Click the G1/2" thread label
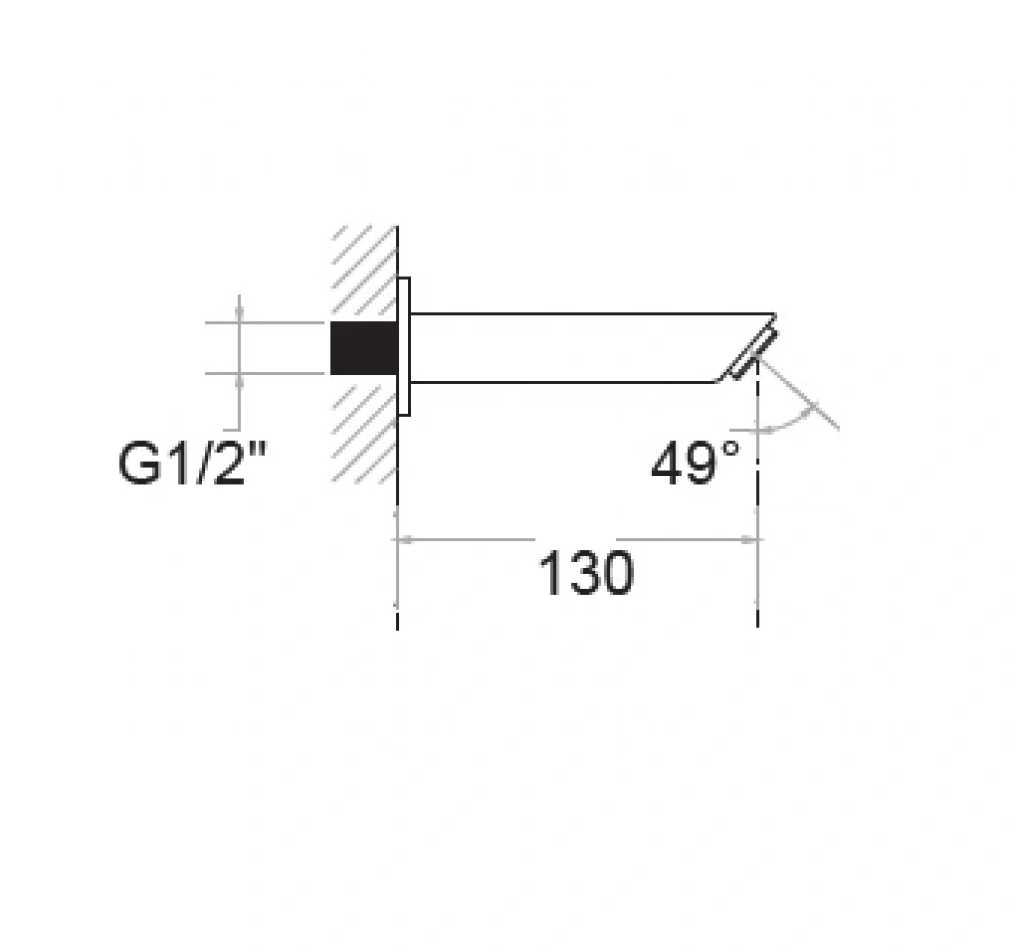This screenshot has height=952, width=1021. [x=192, y=463]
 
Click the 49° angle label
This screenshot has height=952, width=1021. [x=695, y=463]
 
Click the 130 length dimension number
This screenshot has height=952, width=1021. [x=586, y=573]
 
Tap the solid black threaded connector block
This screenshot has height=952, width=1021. [x=364, y=348]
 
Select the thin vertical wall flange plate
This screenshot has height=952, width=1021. [x=404, y=347]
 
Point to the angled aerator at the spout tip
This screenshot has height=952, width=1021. [x=754, y=354]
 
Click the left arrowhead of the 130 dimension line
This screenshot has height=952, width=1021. [x=405, y=540]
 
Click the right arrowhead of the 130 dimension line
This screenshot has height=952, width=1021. [x=750, y=540]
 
